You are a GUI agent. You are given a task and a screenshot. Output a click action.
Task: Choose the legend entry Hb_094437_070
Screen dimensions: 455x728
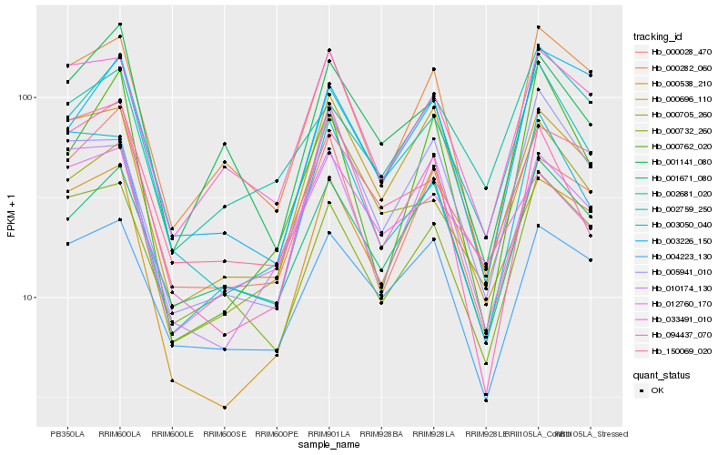point(681,334)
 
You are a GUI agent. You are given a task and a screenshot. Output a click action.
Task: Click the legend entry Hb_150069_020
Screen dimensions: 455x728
point(681,349)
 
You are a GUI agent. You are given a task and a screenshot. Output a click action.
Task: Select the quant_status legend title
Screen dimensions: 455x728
point(662,373)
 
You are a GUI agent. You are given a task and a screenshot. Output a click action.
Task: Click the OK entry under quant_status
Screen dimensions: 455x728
point(657,389)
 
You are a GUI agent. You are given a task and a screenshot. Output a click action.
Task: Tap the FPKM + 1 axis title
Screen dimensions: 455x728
point(11,216)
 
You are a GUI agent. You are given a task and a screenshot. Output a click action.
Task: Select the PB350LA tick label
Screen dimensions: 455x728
point(66,433)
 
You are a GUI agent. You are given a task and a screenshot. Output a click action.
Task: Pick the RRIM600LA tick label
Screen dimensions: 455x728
point(119,433)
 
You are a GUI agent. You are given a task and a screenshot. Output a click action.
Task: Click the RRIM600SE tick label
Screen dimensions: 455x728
point(224,433)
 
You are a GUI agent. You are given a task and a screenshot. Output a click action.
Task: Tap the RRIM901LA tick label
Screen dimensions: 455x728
point(329,433)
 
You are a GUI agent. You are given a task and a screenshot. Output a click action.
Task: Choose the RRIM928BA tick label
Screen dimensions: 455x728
point(381,433)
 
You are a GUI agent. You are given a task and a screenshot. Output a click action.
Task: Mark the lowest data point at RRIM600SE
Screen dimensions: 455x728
point(224,407)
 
